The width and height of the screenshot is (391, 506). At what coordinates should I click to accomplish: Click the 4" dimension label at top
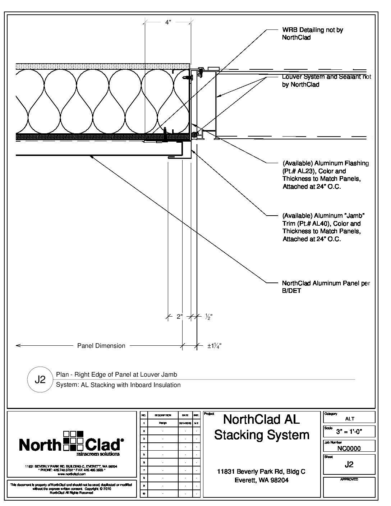pyautogui.click(x=168, y=22)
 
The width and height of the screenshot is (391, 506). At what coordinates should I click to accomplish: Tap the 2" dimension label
pyautogui.click(x=179, y=317)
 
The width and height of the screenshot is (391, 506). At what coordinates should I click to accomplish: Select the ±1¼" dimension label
pyautogui.click(x=214, y=346)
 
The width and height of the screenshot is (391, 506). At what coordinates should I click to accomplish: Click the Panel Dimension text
pyautogui.click(x=101, y=346)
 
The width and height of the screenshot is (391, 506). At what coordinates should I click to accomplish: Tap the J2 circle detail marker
pyautogui.click(x=40, y=379)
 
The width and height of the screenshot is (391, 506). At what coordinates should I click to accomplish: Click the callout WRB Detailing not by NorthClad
pyautogui.click(x=312, y=33)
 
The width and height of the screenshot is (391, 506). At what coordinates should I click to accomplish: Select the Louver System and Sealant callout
pyautogui.click(x=326, y=80)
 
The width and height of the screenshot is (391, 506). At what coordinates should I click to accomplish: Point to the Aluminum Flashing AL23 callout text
pyautogui.click(x=325, y=175)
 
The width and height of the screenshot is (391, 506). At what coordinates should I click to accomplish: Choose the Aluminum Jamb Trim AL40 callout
pyautogui.click(x=323, y=227)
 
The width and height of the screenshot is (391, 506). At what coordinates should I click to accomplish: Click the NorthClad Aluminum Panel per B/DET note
pyautogui.click(x=326, y=287)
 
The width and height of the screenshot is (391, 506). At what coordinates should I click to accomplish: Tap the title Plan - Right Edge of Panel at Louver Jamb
pyautogui.click(x=116, y=374)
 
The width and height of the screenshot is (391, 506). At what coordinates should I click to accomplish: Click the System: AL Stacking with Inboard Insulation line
pyautogui.click(x=118, y=385)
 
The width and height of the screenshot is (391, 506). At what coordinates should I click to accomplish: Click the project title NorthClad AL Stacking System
pyautogui.click(x=262, y=427)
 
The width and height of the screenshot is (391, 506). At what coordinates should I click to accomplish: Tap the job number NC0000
pyautogui.click(x=349, y=448)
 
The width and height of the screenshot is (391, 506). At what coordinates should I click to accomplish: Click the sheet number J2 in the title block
pyautogui.click(x=349, y=464)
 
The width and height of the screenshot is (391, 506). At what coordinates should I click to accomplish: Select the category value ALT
pyautogui.click(x=349, y=419)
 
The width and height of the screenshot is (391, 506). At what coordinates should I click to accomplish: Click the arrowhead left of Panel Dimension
pyautogui.click(x=18, y=346)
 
